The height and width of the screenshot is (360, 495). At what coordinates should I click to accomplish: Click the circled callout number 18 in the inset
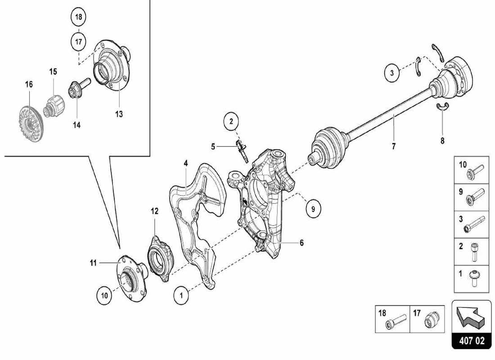(78, 18)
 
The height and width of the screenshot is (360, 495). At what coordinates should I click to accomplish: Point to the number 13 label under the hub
(118, 114)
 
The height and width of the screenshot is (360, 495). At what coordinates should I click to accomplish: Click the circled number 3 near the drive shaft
(392, 72)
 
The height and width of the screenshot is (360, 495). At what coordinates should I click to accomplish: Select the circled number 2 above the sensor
(231, 121)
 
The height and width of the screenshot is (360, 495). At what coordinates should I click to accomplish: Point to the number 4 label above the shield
(185, 163)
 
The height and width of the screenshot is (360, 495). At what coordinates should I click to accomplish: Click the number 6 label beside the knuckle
(301, 243)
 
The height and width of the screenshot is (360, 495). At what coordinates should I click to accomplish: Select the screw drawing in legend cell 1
(476, 278)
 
